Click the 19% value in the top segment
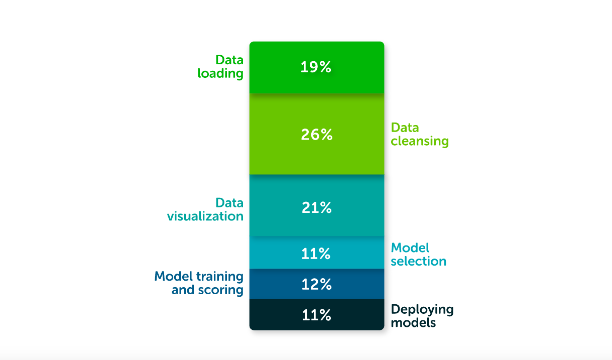(316, 67)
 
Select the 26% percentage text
(317, 135)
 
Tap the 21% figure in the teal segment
(317, 207)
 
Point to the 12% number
(317, 284)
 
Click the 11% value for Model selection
(316, 254)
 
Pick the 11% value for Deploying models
(317, 315)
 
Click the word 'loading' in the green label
(220, 74)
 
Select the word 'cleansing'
(420, 141)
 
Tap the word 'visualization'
(205, 216)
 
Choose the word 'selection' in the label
(419, 261)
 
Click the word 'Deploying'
(422, 309)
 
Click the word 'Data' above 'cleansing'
(405, 128)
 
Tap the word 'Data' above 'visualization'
(229, 203)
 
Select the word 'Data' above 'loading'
(229, 60)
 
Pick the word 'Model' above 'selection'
(410, 248)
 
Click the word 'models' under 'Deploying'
(413, 322)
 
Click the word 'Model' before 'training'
(173, 276)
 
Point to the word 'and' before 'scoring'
(182, 290)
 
